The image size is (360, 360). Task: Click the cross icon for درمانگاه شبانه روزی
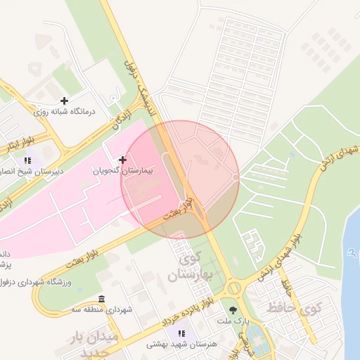[65, 101]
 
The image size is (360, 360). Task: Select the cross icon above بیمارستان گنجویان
[123, 160]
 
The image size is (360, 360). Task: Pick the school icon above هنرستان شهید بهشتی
[183, 333]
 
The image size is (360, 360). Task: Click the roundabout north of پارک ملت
[233, 287]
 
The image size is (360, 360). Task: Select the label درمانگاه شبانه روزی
[70, 112]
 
